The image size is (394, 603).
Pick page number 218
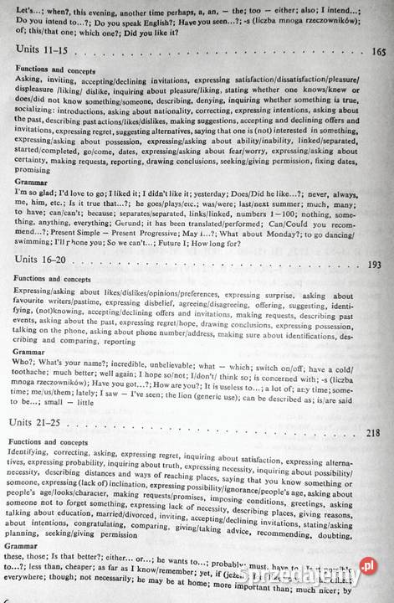click(x=374, y=433)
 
